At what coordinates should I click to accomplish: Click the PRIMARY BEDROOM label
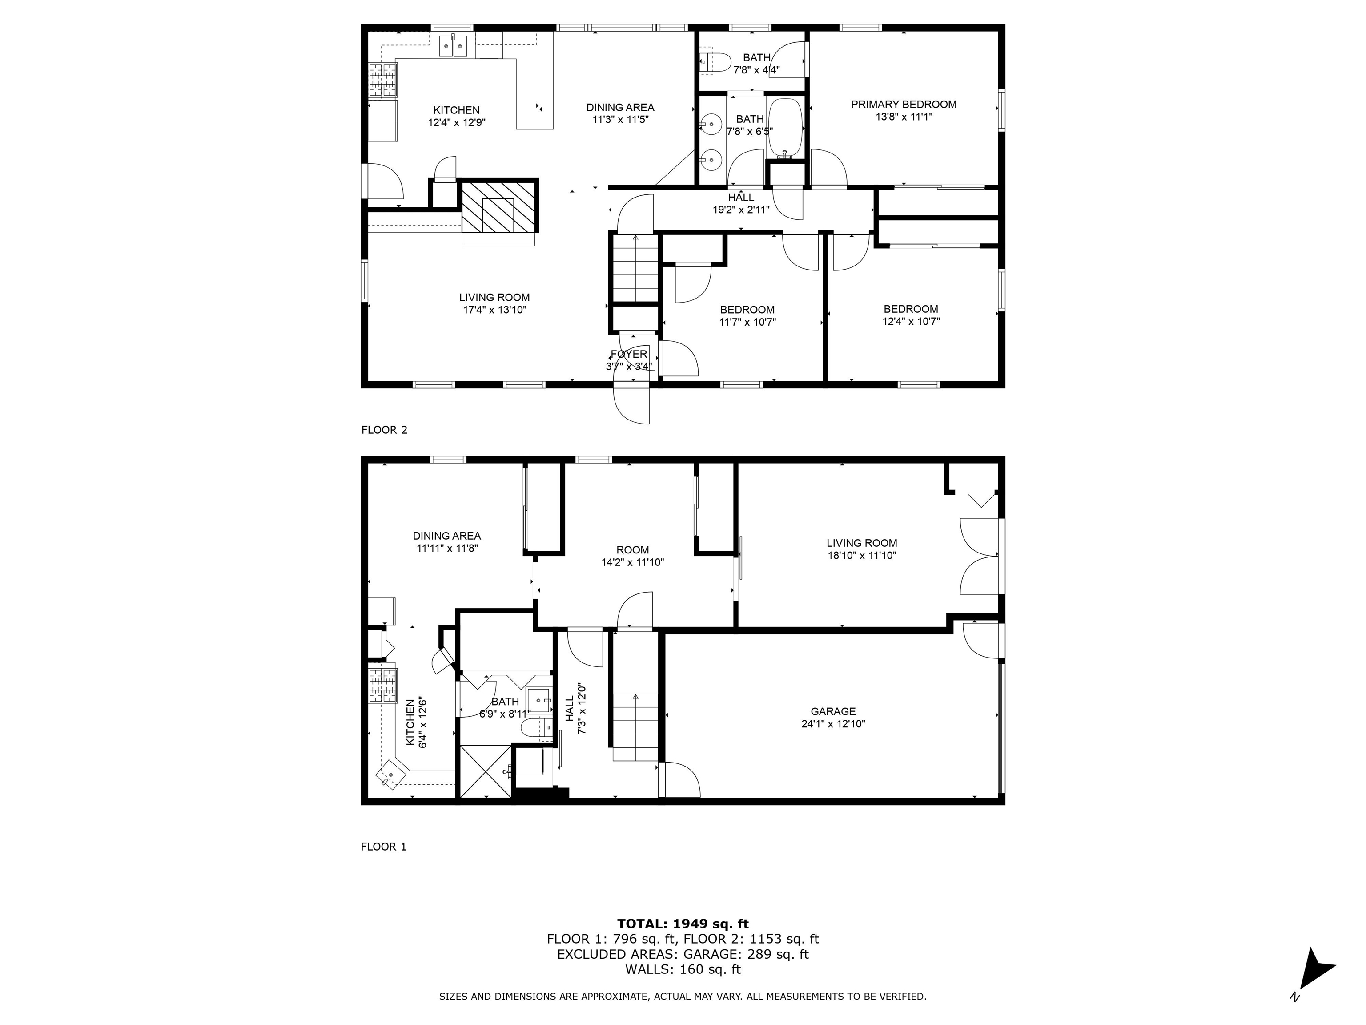[904, 105]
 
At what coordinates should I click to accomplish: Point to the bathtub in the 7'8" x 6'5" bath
[785, 127]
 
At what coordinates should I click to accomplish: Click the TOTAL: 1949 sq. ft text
[683, 924]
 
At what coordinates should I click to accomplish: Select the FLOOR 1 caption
[383, 847]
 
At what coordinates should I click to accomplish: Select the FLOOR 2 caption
[384, 429]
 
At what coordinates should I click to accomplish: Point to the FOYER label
[629, 354]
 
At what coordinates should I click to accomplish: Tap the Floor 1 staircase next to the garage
[635, 726]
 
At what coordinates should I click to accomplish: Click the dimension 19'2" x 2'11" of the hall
[741, 210]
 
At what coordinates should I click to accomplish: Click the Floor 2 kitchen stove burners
[383, 81]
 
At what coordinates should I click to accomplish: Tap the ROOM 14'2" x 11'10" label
[632, 556]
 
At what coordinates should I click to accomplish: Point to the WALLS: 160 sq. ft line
[683, 969]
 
